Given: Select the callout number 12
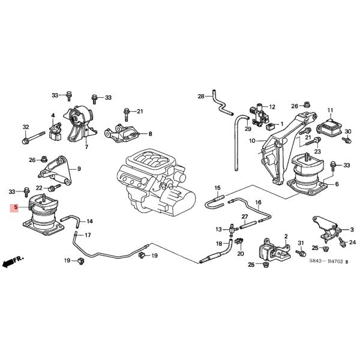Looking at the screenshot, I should click(x=272, y=106).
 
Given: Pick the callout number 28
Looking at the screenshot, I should click(x=202, y=96).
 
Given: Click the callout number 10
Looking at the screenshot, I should click(x=253, y=141).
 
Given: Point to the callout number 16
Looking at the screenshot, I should click(x=259, y=203).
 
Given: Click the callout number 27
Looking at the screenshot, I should click(x=245, y=216).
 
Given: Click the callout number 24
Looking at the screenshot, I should click(x=352, y=242).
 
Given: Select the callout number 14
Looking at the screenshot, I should click(x=89, y=221).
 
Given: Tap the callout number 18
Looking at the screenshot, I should click(x=219, y=243).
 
